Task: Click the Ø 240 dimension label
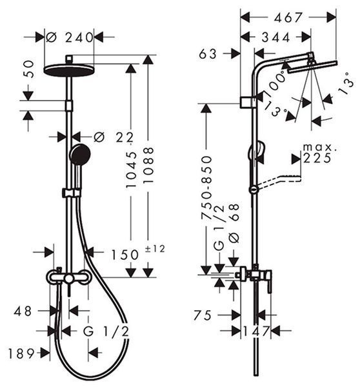pyautogui.click(x=70, y=37)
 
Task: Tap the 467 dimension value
pyautogui.click(x=288, y=17)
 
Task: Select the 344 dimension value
pyautogui.click(x=275, y=37)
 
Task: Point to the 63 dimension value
pyautogui.click(x=208, y=54)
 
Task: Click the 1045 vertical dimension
pyautogui.click(x=131, y=170)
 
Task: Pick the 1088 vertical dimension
pyautogui.click(x=148, y=165)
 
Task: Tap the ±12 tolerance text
pyautogui.click(x=155, y=248)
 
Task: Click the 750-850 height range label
pyautogui.click(x=206, y=188)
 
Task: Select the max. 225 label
pyautogui.click(x=319, y=154)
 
